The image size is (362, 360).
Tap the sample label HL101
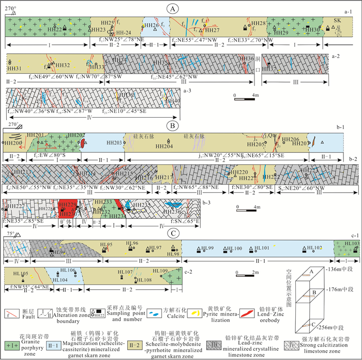pos(262,248)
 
